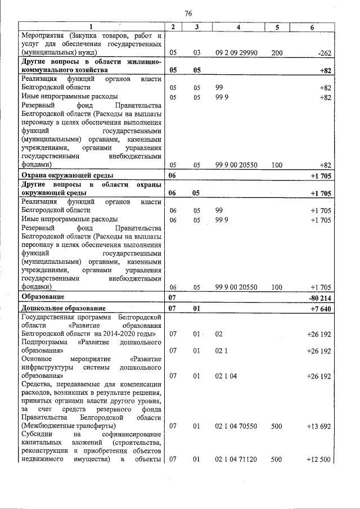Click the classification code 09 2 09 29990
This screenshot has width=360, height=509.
pyautogui.click(x=236, y=52)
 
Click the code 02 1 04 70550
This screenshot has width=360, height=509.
pyautogui.click(x=236, y=427)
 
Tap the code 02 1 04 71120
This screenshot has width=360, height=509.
pyautogui.click(x=236, y=461)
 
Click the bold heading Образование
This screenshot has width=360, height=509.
pyautogui.click(x=42, y=296)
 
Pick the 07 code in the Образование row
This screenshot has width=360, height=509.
pyautogui.click(x=173, y=297)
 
